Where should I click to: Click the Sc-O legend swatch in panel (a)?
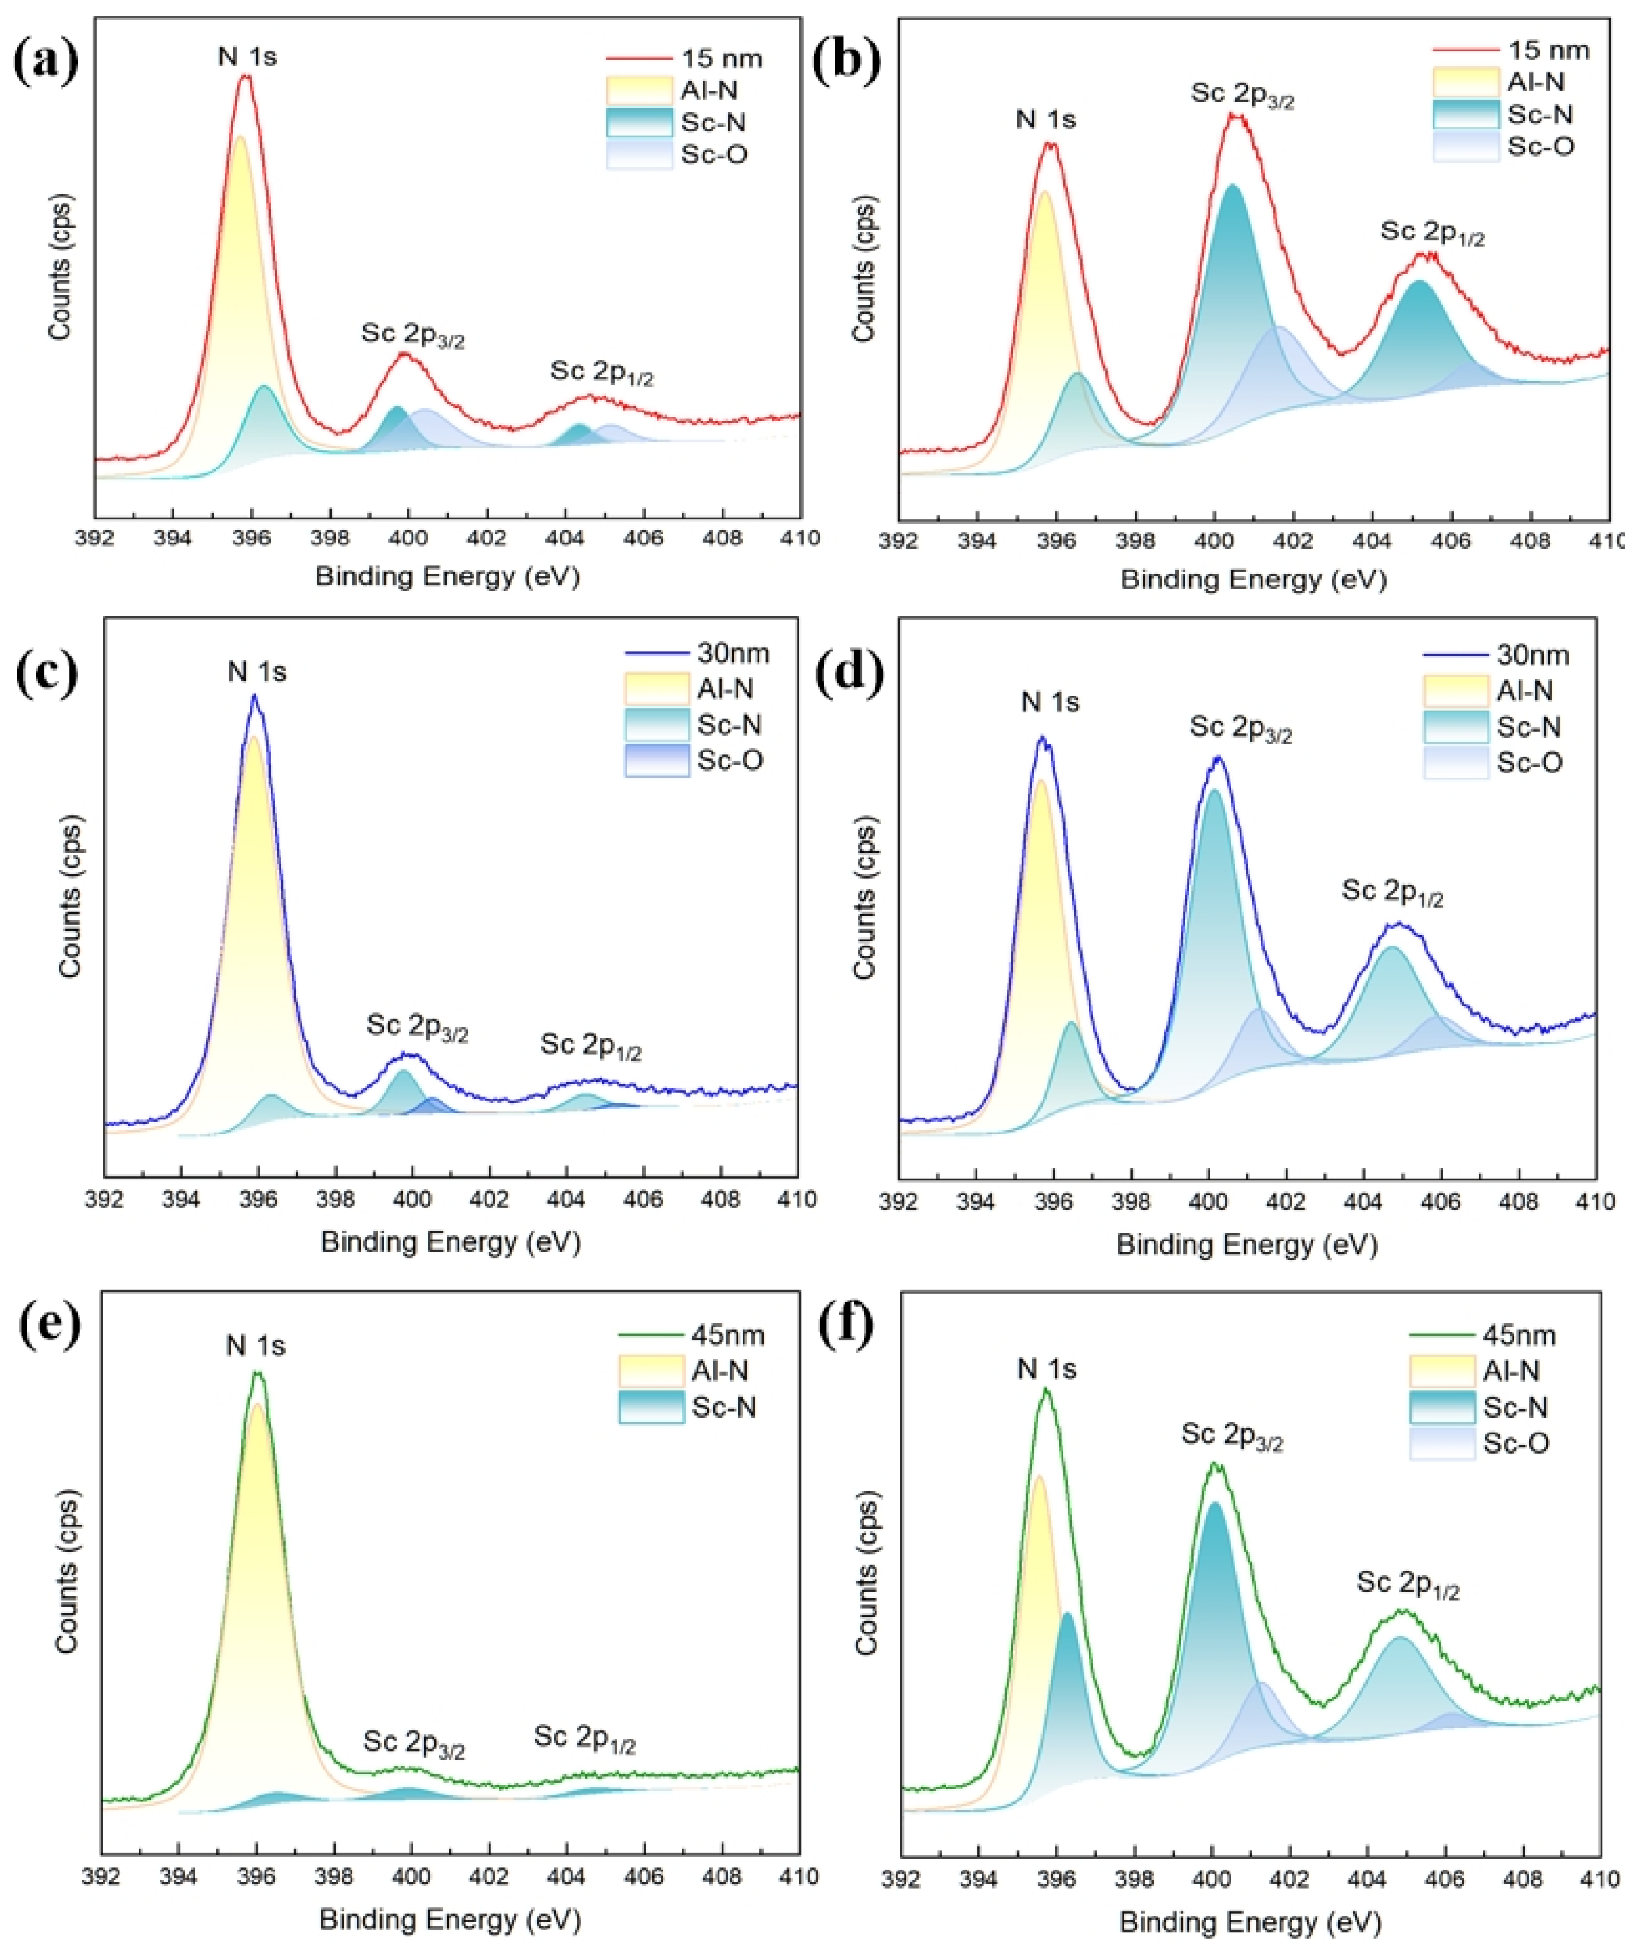click(639, 154)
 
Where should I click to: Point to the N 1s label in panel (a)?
click(247, 57)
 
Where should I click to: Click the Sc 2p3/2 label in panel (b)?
click(1242, 97)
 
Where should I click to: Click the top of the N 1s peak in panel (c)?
click(255, 697)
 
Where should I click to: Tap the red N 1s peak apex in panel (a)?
click(246, 77)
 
